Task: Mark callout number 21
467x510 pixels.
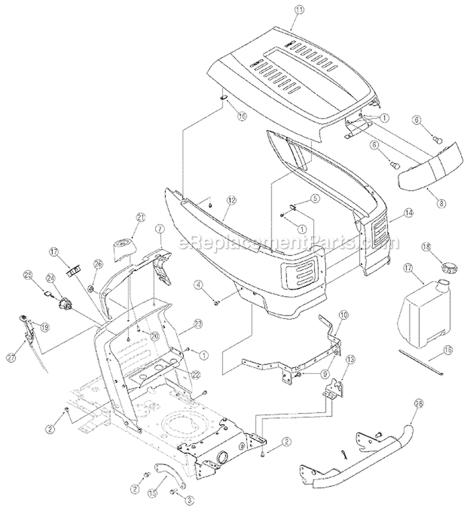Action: tap(140, 216)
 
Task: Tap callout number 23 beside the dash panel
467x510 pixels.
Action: tap(199, 323)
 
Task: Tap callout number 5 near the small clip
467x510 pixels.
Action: tap(315, 198)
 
